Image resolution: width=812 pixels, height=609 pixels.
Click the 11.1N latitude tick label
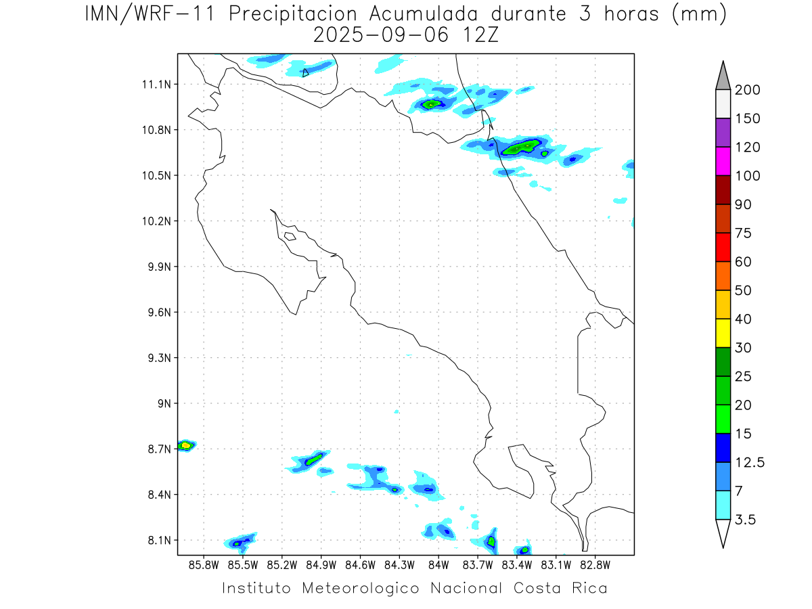156,85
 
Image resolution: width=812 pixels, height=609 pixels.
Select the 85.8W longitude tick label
204,564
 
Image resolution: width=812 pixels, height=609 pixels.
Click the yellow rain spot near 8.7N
185,445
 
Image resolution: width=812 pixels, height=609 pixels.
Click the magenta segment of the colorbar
723,161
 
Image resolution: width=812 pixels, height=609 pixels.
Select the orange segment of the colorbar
723,275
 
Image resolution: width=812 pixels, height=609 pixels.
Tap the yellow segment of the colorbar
723,332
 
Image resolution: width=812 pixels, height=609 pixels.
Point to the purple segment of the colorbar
723,133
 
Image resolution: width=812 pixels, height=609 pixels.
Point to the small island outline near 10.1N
290,236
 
